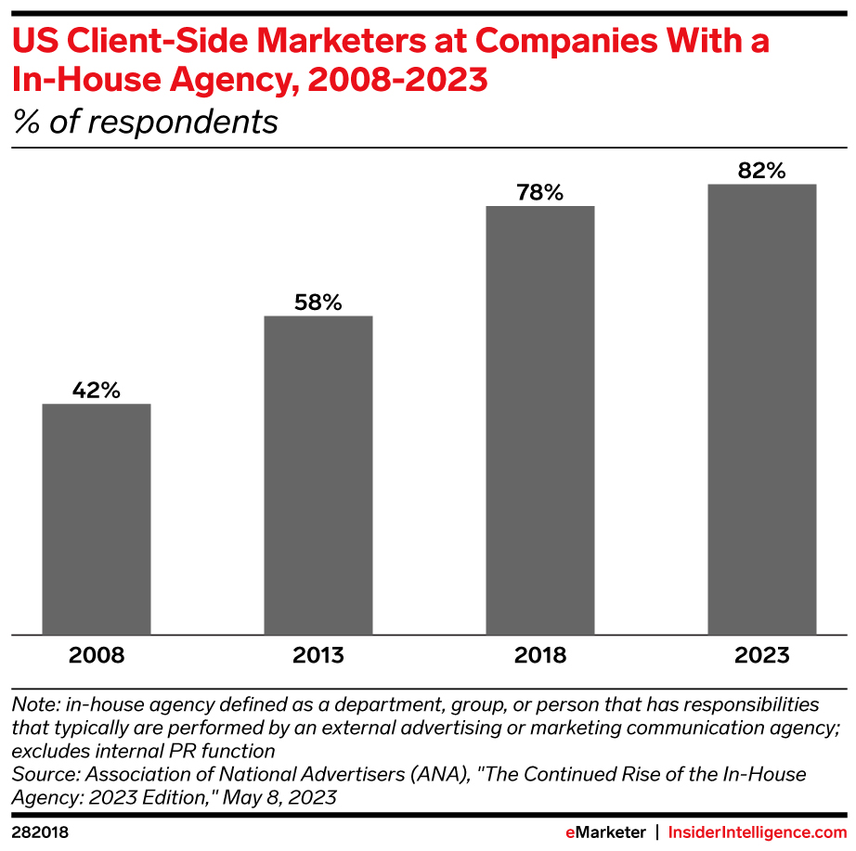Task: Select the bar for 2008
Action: pyautogui.click(x=97, y=520)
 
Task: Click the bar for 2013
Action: pyautogui.click(x=318, y=475)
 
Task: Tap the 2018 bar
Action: pyautogui.click(x=540, y=420)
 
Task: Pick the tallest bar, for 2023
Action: pyautogui.click(x=762, y=409)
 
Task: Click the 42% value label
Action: pyautogui.click(x=97, y=391)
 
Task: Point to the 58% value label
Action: pyautogui.click(x=318, y=303)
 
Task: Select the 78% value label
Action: pyautogui.click(x=540, y=193)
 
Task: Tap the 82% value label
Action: pyautogui.click(x=762, y=171)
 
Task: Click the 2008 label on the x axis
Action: pyautogui.click(x=97, y=655)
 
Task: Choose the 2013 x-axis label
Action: pyautogui.click(x=318, y=655)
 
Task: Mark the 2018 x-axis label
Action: pyautogui.click(x=540, y=655)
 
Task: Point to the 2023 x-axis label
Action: pyautogui.click(x=762, y=655)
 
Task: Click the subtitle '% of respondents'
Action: pyautogui.click(x=145, y=122)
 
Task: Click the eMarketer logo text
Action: pyautogui.click(x=605, y=832)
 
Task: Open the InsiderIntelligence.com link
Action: pyautogui.click(x=758, y=832)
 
